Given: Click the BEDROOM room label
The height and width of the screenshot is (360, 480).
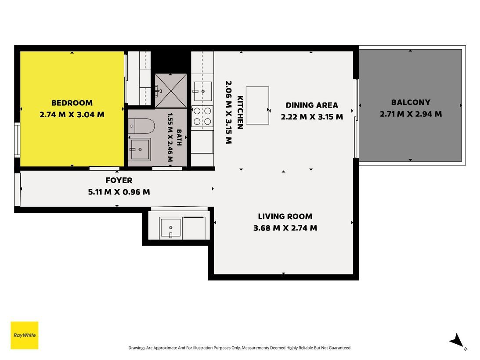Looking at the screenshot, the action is (x=72, y=103).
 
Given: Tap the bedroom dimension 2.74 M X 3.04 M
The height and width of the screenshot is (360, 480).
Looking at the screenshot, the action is (x=72, y=115).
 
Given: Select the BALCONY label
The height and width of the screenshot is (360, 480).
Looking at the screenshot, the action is (x=411, y=102).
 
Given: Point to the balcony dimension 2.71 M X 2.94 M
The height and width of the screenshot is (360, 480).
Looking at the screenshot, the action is (x=411, y=114).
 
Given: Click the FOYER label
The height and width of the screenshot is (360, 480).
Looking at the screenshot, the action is (x=119, y=180).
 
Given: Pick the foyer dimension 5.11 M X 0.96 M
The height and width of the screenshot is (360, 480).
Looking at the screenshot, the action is (x=119, y=192).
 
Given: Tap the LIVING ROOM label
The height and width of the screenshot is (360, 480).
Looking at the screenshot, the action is (x=285, y=216).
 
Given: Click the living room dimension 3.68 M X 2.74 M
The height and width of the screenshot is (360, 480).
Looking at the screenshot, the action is (x=285, y=228).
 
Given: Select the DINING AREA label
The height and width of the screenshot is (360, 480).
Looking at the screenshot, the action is (x=312, y=105).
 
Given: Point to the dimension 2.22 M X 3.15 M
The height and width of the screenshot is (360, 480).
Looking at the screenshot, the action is (x=312, y=117).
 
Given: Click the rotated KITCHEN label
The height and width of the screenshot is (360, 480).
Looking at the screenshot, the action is (x=240, y=112).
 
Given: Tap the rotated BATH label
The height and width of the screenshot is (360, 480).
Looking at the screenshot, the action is (x=179, y=137).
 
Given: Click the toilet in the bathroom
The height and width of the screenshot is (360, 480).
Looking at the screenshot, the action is (x=141, y=126).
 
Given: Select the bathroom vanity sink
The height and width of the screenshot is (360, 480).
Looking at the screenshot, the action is (x=140, y=149).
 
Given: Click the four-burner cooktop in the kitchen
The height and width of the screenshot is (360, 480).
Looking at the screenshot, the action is (x=202, y=116).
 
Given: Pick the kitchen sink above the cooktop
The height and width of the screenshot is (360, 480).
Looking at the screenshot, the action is (x=202, y=91).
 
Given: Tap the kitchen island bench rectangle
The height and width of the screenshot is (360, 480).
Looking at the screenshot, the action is (x=257, y=105).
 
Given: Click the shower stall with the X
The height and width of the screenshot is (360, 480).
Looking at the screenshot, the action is (x=170, y=91).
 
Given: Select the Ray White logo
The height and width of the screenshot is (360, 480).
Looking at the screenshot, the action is (x=25, y=335).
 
